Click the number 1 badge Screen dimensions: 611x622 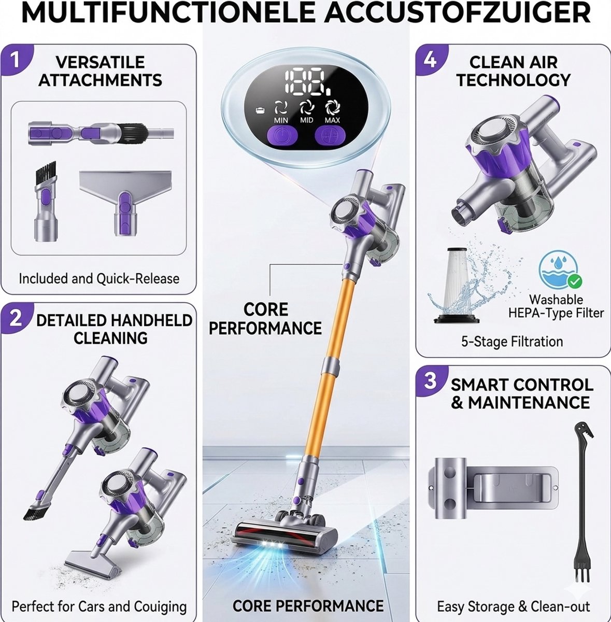point(14,60)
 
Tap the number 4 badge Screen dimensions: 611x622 point(429,60)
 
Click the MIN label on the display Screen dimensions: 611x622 point(281,120)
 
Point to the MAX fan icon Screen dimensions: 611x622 point(332,107)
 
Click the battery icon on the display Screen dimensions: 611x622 point(260,111)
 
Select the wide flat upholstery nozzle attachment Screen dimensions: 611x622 point(125,201)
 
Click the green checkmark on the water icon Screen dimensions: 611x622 point(575,281)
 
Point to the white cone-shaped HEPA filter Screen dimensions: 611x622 point(456,285)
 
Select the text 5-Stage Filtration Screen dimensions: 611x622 point(512,341)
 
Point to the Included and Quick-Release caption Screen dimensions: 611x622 point(99,278)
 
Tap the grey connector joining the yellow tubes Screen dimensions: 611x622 point(330,365)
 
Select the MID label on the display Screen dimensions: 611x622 point(306,120)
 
